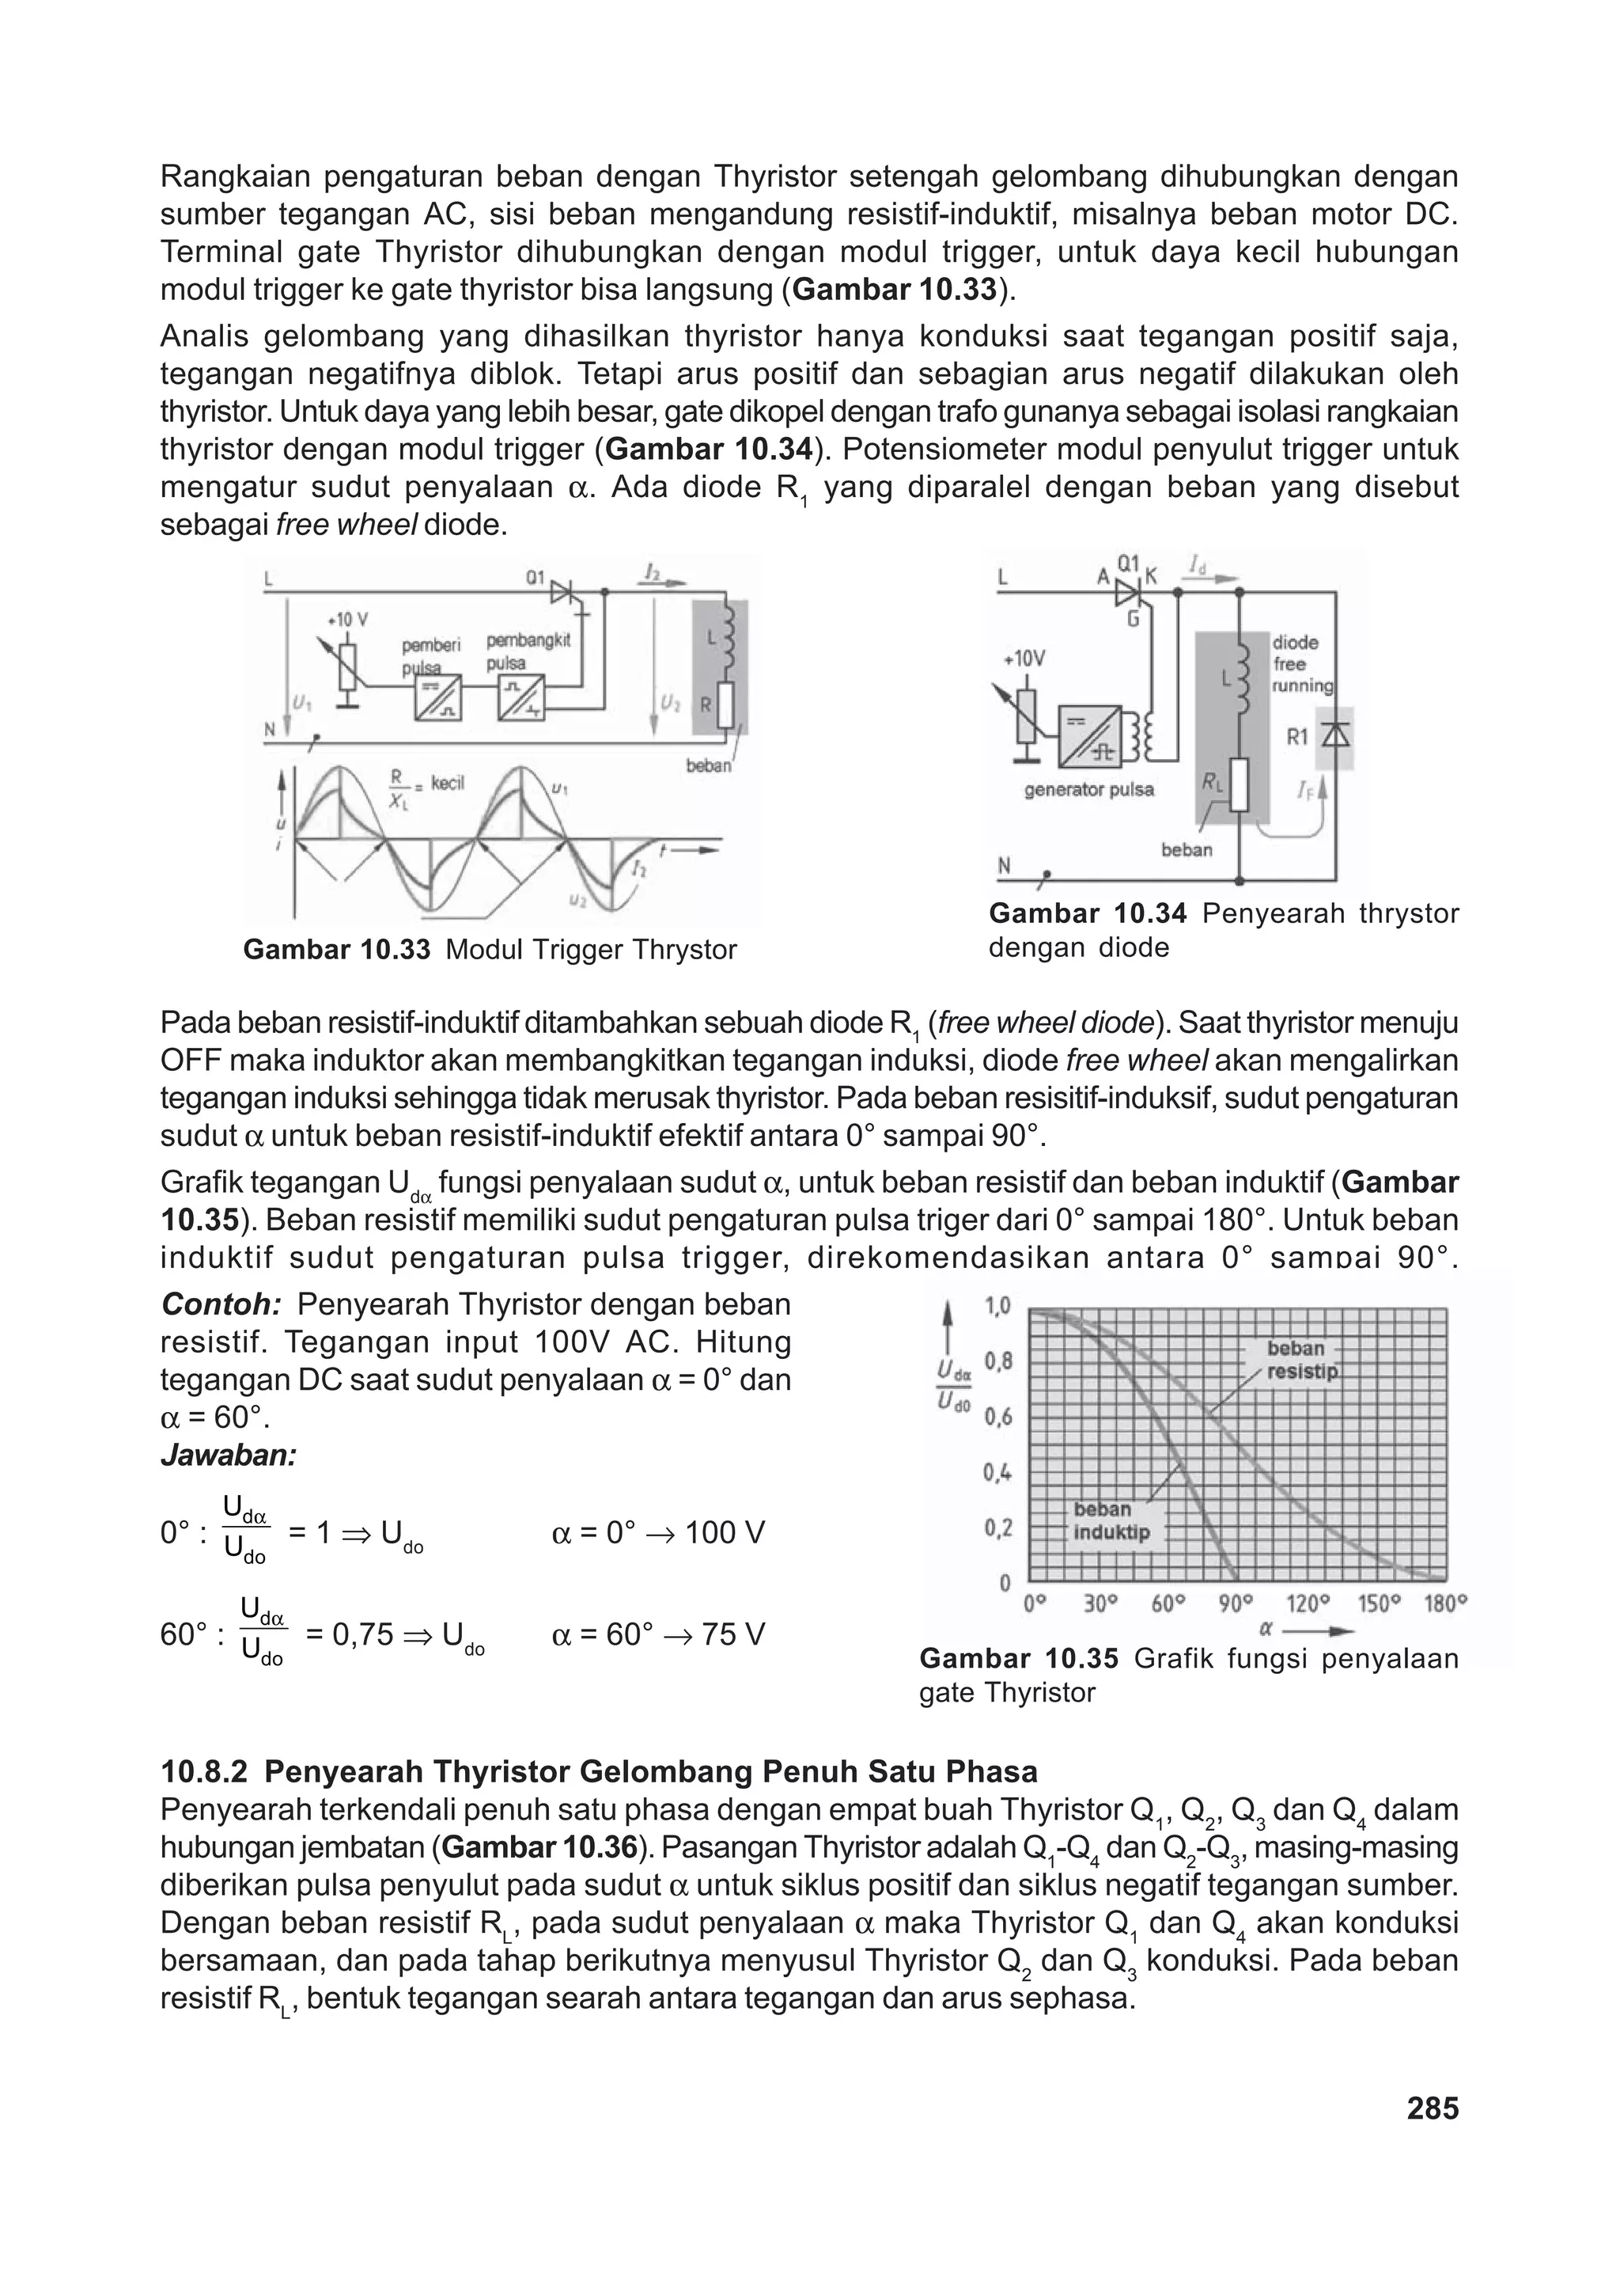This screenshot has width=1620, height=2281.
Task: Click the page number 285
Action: click(x=1433, y=2108)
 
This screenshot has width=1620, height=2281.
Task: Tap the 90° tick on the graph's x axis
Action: click(x=1237, y=1604)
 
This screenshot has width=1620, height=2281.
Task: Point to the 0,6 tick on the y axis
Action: click(x=997, y=1417)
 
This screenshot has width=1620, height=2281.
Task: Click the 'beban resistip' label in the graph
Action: click(x=1300, y=1360)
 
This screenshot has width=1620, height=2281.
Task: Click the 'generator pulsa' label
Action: click(x=1088, y=789)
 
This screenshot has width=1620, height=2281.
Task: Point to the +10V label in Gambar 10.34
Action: click(x=1024, y=658)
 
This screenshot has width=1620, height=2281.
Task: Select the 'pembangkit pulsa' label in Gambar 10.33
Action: click(x=528, y=651)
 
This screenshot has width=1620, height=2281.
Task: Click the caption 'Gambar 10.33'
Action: click(x=336, y=949)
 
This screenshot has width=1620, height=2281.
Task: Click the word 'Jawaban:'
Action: click(x=229, y=1456)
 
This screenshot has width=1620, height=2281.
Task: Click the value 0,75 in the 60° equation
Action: click(x=349, y=1634)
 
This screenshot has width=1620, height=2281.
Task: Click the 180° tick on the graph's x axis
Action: click(x=1444, y=1604)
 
